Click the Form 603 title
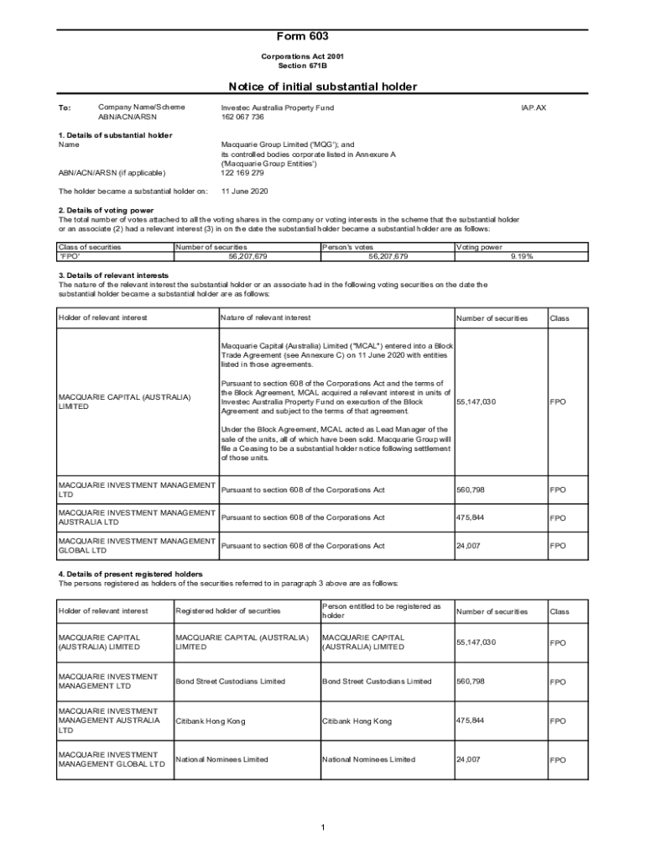(x=303, y=37)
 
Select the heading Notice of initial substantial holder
(x=323, y=87)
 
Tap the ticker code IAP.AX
(x=534, y=108)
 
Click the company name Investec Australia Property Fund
(x=277, y=108)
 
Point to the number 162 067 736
(x=242, y=118)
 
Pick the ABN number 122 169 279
(x=242, y=173)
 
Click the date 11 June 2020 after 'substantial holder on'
(x=245, y=191)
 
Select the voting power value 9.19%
(x=521, y=256)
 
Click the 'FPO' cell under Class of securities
(x=68, y=256)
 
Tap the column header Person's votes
(x=348, y=247)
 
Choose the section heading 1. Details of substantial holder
(x=115, y=135)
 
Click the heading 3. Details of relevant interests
(x=113, y=275)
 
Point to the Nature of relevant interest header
(x=265, y=318)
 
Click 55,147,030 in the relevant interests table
(x=477, y=402)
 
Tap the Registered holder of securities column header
(x=228, y=611)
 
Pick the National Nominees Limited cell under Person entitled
(x=368, y=759)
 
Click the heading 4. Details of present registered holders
(x=130, y=574)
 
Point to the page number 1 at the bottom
(x=323, y=829)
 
